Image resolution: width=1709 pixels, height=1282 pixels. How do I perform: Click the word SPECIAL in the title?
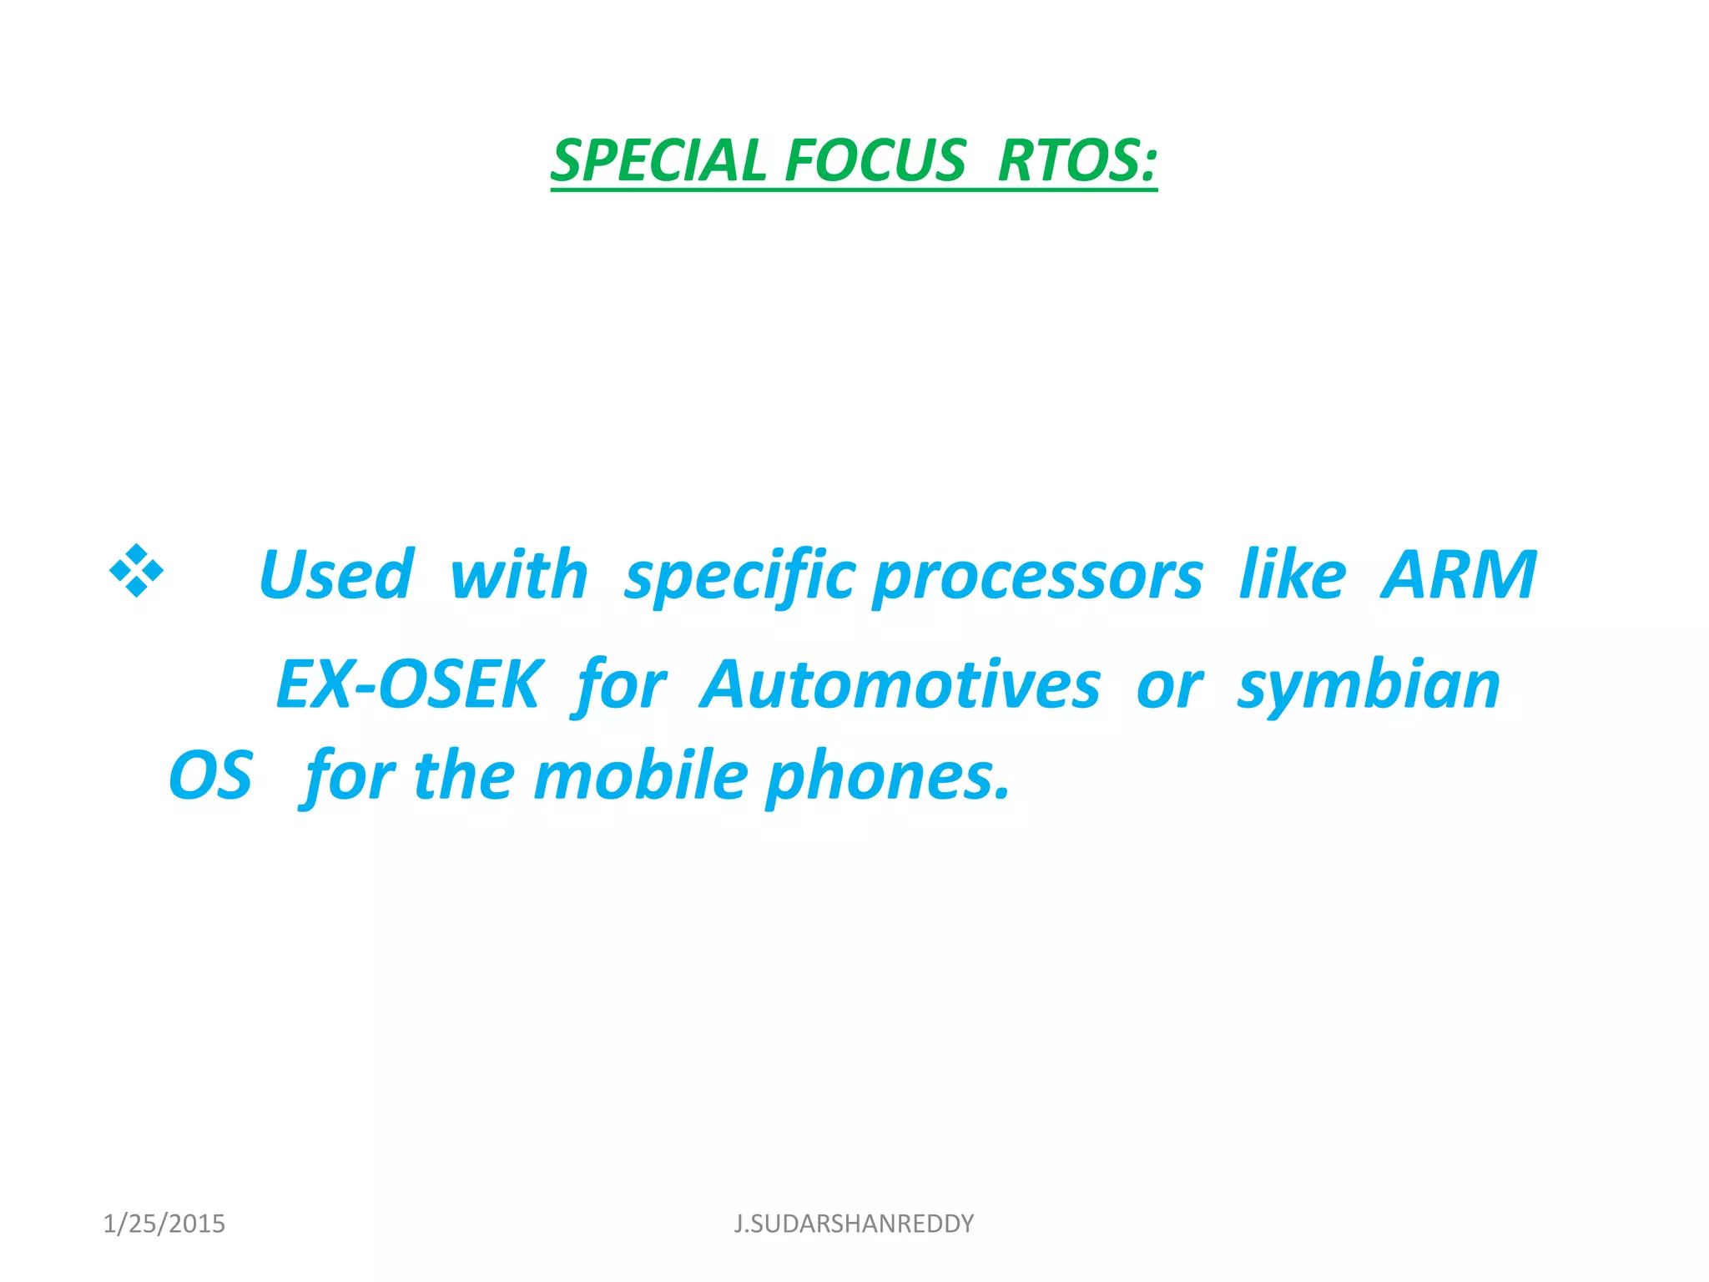click(x=658, y=160)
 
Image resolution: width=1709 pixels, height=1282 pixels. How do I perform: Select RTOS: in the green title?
click(x=1076, y=160)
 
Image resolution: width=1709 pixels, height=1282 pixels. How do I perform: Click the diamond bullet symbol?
click(x=136, y=571)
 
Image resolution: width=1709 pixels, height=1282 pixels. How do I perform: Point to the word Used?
click(x=335, y=575)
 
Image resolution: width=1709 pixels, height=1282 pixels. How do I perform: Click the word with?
click(x=518, y=575)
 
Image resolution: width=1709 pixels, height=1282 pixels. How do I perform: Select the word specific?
click(x=739, y=577)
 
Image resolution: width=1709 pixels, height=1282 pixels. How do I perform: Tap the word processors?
click(x=1037, y=577)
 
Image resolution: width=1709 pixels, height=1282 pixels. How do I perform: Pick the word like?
click(x=1292, y=575)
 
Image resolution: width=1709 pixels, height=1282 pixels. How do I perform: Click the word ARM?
click(x=1458, y=575)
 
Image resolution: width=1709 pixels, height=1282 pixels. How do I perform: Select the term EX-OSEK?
click(x=409, y=685)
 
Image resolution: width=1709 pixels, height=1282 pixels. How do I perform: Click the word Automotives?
click(x=900, y=685)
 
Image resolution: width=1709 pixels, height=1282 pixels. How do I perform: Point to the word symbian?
click(x=1369, y=685)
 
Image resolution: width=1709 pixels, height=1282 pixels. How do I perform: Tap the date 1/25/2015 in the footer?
click(x=164, y=1224)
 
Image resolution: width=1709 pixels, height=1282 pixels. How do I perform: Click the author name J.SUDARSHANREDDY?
click(x=854, y=1224)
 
